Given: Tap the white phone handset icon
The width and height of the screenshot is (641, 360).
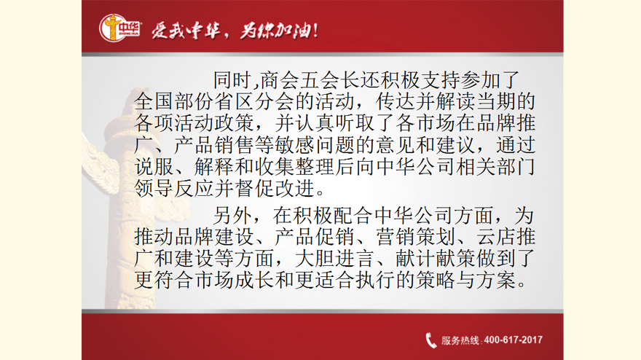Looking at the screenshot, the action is [x=431, y=340].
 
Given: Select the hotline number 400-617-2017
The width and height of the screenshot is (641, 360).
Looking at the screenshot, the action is [x=514, y=340].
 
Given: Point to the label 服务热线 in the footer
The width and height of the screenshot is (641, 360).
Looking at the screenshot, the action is [x=460, y=340].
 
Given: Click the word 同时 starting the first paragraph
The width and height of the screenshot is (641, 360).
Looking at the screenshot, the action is [x=233, y=80].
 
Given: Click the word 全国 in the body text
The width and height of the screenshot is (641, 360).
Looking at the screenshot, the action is [x=154, y=102].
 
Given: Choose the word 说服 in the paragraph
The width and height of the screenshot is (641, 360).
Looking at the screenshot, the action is [x=154, y=167].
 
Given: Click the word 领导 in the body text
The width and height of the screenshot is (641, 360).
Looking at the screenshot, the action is [x=154, y=189].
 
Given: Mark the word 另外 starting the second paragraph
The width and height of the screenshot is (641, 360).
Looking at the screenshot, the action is [x=233, y=216].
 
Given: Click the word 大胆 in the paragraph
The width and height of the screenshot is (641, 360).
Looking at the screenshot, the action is [x=315, y=259].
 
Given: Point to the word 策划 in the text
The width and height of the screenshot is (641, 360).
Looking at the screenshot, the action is [x=436, y=238].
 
